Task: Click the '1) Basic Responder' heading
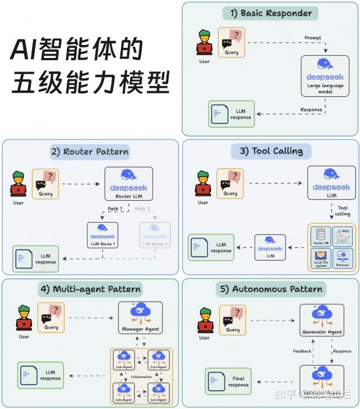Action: [271, 14]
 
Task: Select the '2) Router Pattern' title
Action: [89, 151]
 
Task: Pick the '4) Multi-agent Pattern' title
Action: [89, 290]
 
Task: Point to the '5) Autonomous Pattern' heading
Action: [271, 290]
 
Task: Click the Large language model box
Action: [325, 75]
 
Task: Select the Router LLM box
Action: [129, 183]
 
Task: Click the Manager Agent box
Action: [141, 318]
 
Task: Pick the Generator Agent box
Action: [322, 320]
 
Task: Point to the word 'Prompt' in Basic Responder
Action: [313, 38]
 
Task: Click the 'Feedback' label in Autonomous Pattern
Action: [301, 351]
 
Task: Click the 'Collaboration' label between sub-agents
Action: [141, 377]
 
